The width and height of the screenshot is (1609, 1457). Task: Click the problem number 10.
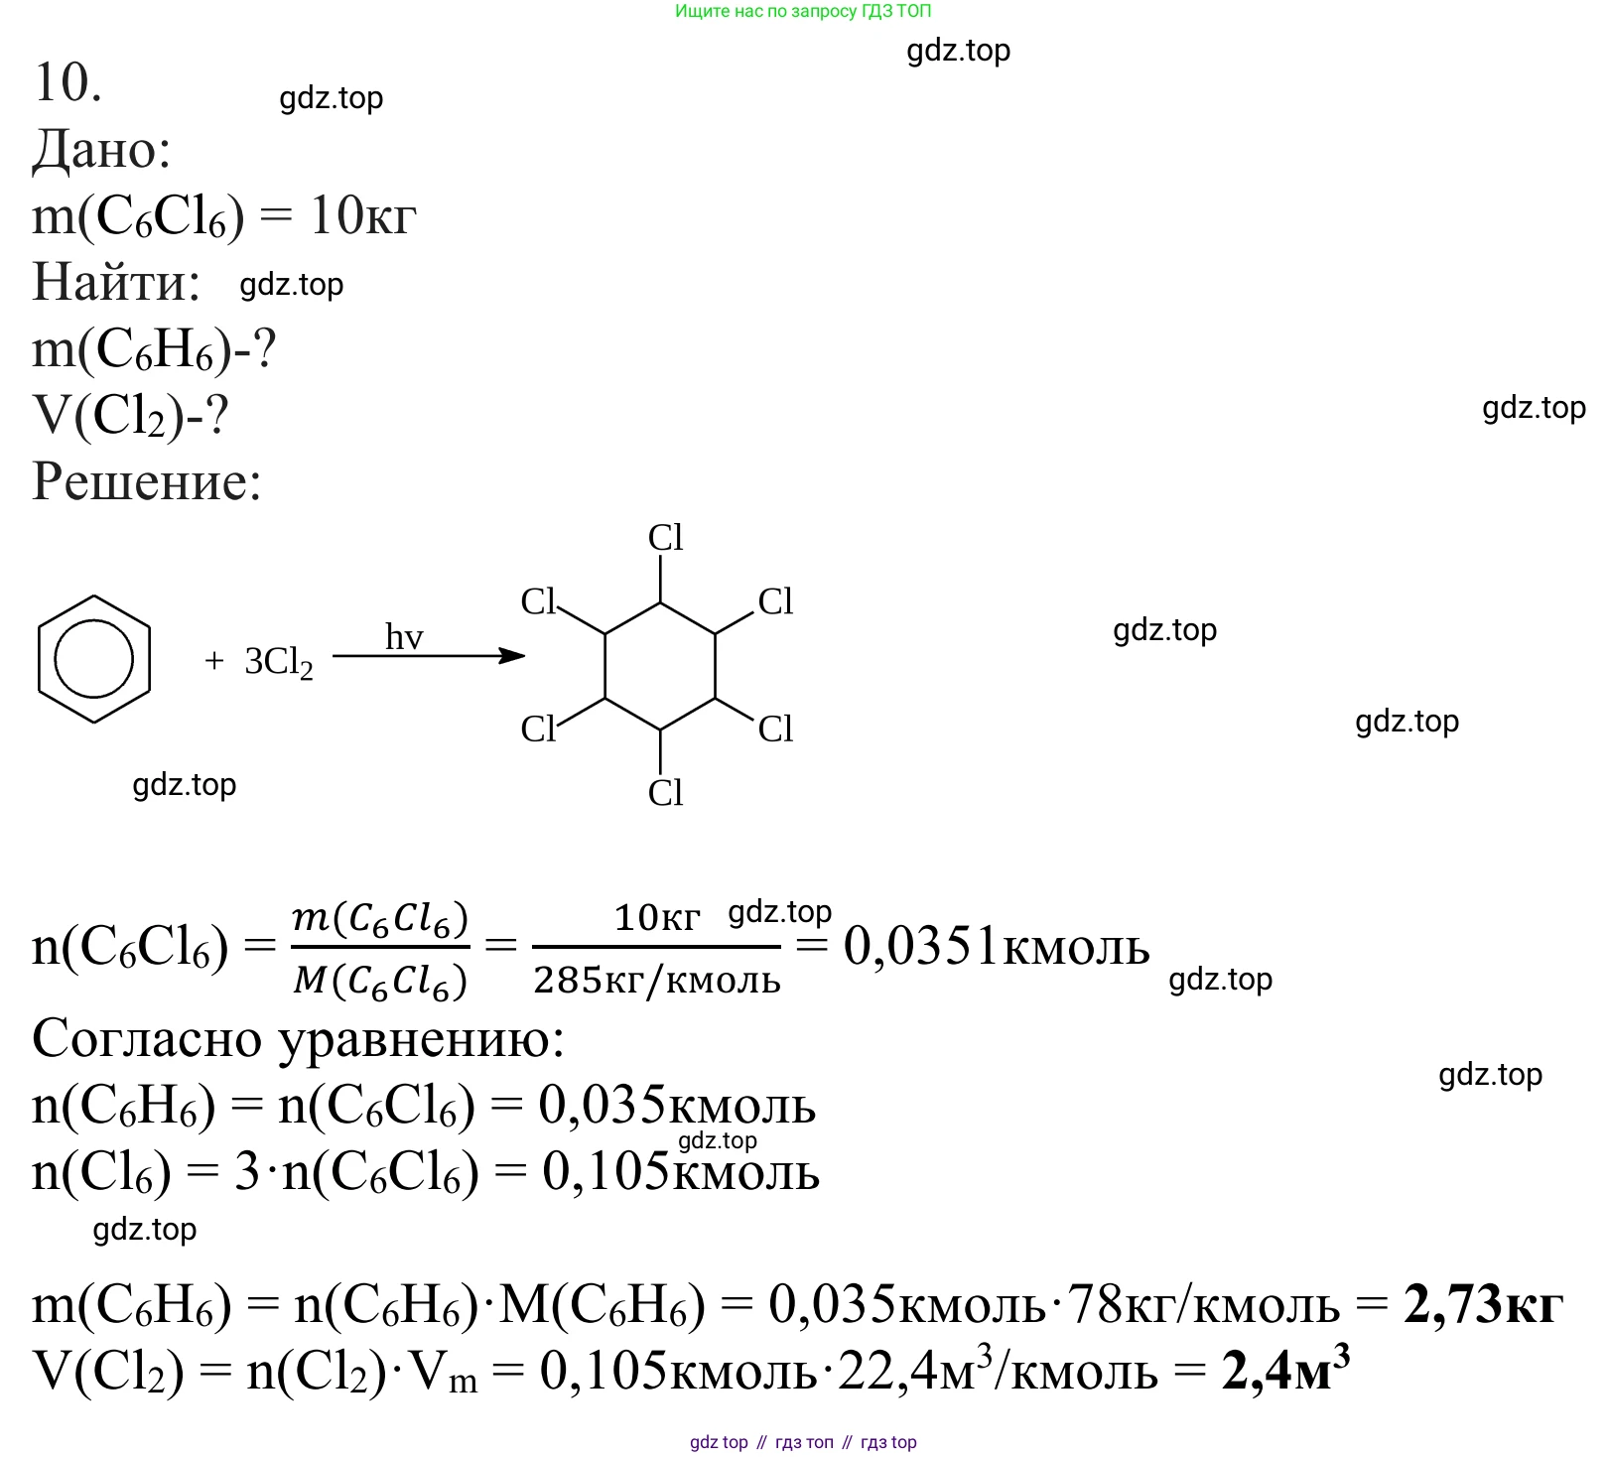pos(67,82)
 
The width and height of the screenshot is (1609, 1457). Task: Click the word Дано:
pos(101,151)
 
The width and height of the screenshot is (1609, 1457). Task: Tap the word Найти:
pos(116,283)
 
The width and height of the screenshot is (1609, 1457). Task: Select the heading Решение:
pos(147,482)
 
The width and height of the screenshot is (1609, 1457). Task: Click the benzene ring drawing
pos(93,659)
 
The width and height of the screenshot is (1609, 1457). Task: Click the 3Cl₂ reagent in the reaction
pos(278,662)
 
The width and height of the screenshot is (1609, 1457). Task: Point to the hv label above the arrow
pos(404,637)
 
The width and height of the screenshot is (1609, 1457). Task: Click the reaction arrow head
pos(512,655)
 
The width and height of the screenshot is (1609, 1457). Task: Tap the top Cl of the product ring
pos(665,538)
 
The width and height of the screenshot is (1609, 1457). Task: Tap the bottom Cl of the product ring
pos(665,793)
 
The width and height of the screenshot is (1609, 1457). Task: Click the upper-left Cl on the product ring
pos(539,601)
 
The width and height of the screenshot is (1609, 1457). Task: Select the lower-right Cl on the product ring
pos(775,729)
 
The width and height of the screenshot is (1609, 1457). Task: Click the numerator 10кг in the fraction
pos(657,917)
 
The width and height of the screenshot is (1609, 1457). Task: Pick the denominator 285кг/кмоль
pos(657,981)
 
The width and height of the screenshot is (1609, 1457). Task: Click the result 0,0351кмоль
pos(996,947)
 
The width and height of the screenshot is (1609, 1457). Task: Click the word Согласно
pos(148,1040)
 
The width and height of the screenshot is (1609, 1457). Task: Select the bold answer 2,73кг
pos(1483,1304)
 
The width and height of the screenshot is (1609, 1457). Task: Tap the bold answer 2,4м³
pos(1285,1371)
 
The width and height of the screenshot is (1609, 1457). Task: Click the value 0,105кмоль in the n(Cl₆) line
pos(680,1172)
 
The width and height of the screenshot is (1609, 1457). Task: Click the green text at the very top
pos(803,11)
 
